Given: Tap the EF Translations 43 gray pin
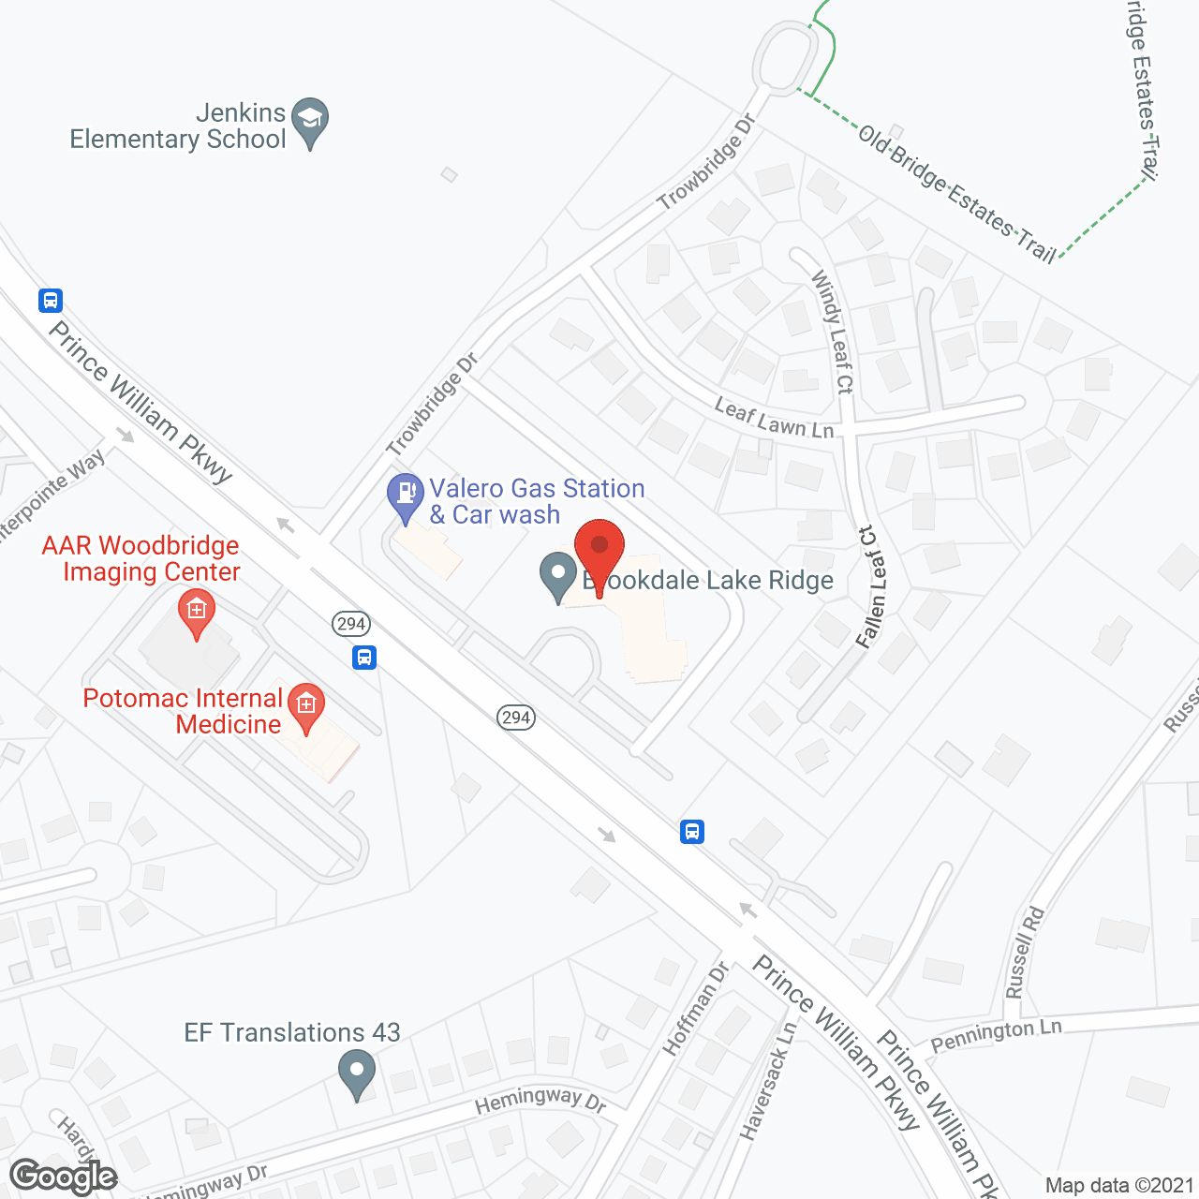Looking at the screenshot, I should [x=356, y=1072].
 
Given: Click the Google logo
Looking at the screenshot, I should [x=63, y=1177].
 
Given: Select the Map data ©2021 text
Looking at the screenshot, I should [x=1119, y=1185].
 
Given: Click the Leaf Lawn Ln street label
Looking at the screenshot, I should [x=774, y=418].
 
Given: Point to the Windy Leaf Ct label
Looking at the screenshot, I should [x=833, y=332].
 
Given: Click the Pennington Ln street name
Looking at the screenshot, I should [x=996, y=1035].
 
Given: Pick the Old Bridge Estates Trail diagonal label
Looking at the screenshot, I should [x=956, y=193].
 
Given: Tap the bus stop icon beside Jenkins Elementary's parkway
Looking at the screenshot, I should [x=51, y=301].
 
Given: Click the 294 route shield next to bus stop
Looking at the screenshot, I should [x=350, y=624].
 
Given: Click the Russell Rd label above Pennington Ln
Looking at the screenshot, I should [x=1024, y=952].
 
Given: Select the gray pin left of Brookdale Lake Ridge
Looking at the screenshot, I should [x=558, y=576].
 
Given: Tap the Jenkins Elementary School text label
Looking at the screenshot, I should [x=178, y=126].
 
